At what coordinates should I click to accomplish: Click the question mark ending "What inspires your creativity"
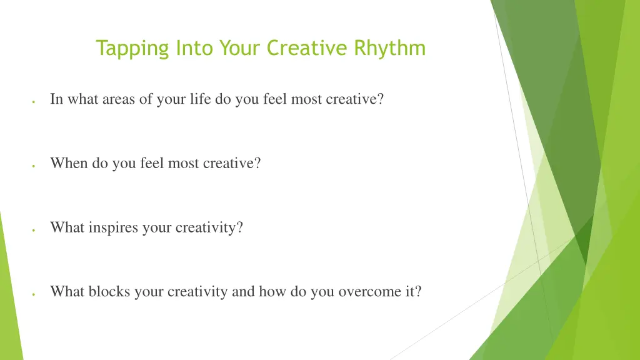click(x=239, y=227)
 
